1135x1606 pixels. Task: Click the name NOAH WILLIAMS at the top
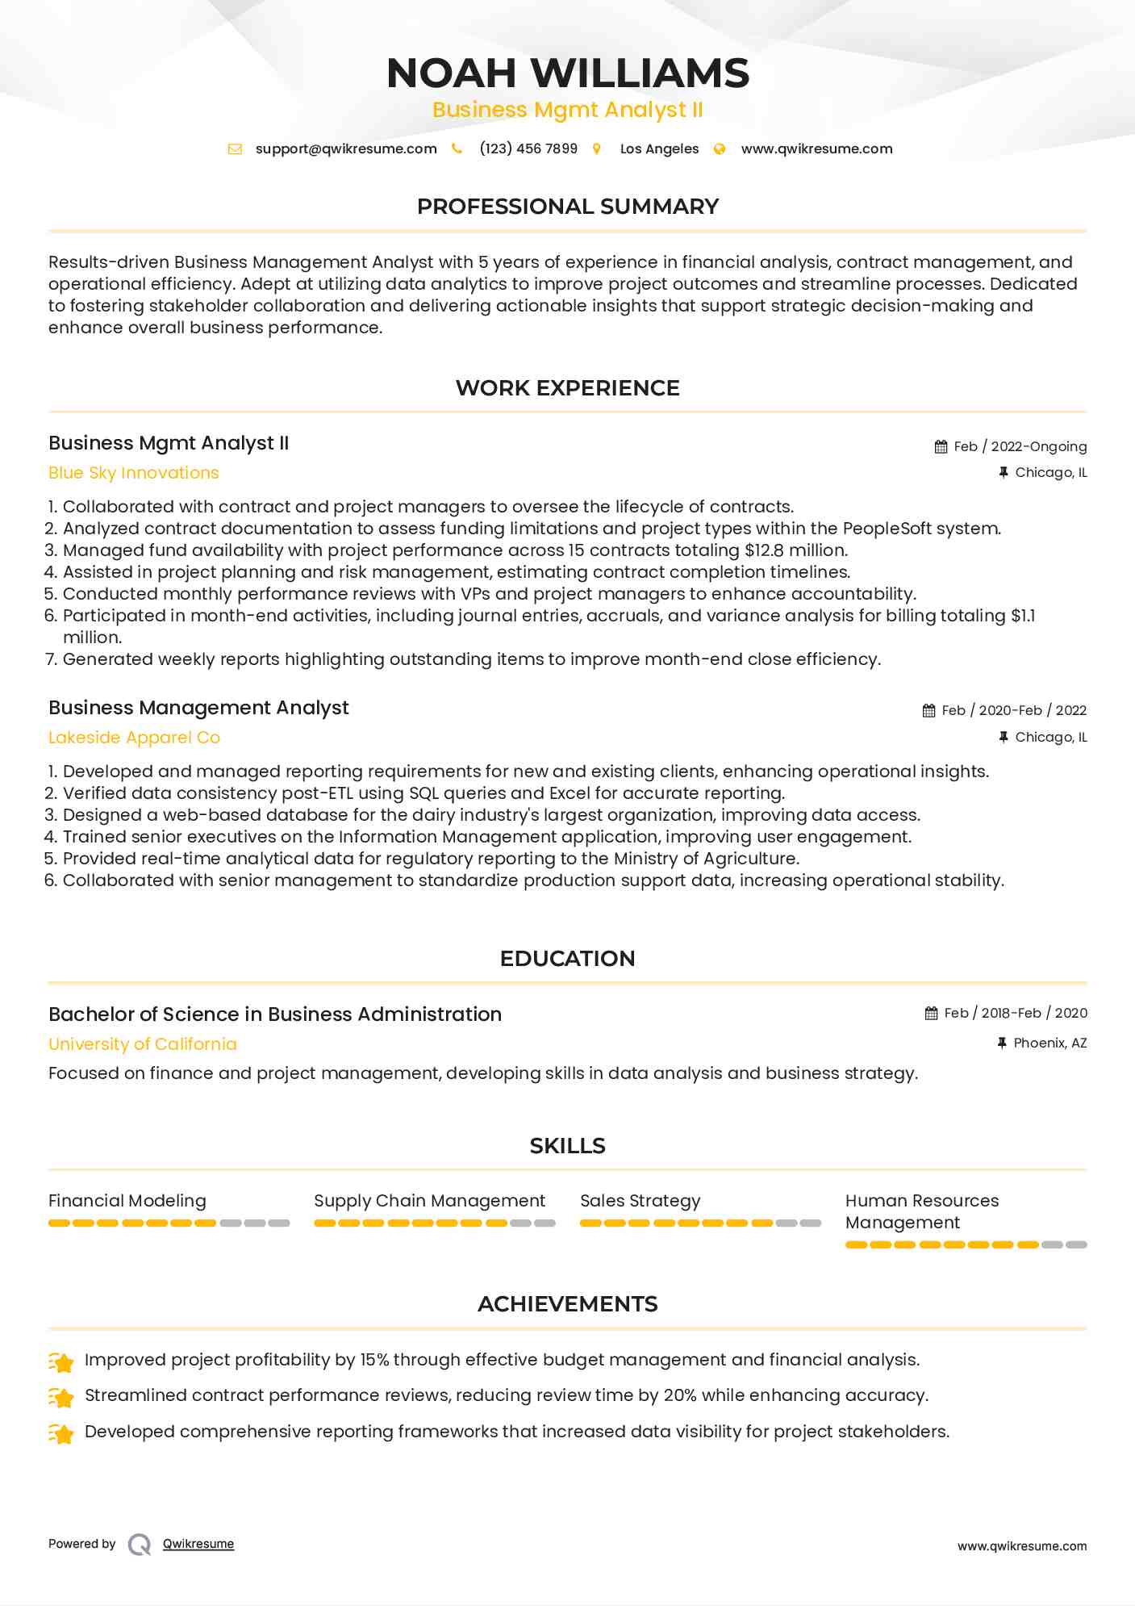[567, 73]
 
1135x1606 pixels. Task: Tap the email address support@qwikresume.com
[346, 148]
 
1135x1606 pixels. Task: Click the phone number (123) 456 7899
[528, 148]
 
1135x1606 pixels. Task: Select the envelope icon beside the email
[235, 148]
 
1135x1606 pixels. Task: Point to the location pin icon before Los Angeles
[597, 148]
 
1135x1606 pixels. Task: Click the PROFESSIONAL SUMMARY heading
[567, 207]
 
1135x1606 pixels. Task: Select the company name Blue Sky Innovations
[134, 473]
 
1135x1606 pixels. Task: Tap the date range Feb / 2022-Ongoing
[1020, 446]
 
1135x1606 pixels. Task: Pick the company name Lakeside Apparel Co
[134, 738]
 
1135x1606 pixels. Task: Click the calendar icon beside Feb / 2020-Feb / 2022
[929, 710]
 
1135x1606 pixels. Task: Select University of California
[143, 1044]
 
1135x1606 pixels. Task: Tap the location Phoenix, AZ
[1049, 1043]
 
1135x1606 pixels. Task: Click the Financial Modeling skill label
[127, 1201]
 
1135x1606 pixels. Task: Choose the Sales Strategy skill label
[641, 1201]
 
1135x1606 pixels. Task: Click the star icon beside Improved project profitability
[61, 1362]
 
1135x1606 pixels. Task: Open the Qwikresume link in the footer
[198, 1544]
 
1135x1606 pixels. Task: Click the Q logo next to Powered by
[140, 1545]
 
